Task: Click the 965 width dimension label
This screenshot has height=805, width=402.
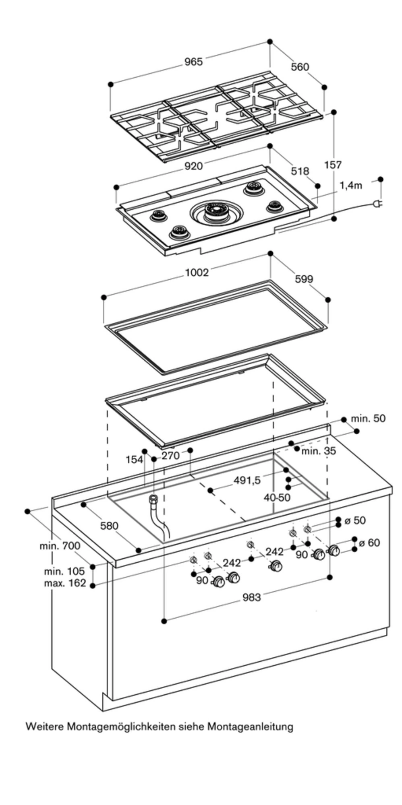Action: click(x=193, y=62)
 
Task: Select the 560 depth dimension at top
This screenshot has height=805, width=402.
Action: click(x=300, y=67)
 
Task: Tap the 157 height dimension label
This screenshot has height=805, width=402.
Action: click(x=333, y=165)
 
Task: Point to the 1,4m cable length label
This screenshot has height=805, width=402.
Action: click(x=351, y=186)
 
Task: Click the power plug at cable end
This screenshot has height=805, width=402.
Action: click(x=379, y=204)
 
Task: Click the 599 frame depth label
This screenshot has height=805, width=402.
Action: click(x=304, y=279)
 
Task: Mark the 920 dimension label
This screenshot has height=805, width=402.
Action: click(x=193, y=165)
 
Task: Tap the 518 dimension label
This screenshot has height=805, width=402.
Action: click(x=300, y=171)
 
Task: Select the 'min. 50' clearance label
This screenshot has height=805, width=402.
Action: click(x=368, y=418)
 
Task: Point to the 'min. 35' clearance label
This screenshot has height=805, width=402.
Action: click(x=318, y=451)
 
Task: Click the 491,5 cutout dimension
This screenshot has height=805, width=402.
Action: click(x=247, y=480)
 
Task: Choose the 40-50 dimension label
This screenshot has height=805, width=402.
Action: click(x=277, y=497)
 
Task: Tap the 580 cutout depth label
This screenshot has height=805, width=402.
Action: click(x=109, y=526)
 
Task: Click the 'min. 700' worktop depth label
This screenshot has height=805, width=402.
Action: click(x=60, y=546)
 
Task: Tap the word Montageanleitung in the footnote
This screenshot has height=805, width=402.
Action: click(x=250, y=727)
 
